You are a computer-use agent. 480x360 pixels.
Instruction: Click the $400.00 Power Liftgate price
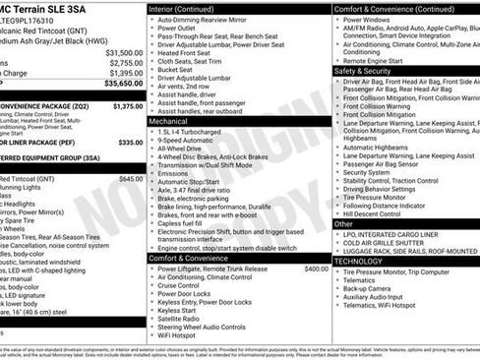[x=316, y=269]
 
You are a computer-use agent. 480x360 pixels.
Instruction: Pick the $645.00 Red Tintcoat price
[x=130, y=179]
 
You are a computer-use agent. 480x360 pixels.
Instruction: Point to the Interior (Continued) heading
[x=190, y=9]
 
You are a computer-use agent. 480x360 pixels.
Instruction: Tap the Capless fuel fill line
[x=187, y=223]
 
